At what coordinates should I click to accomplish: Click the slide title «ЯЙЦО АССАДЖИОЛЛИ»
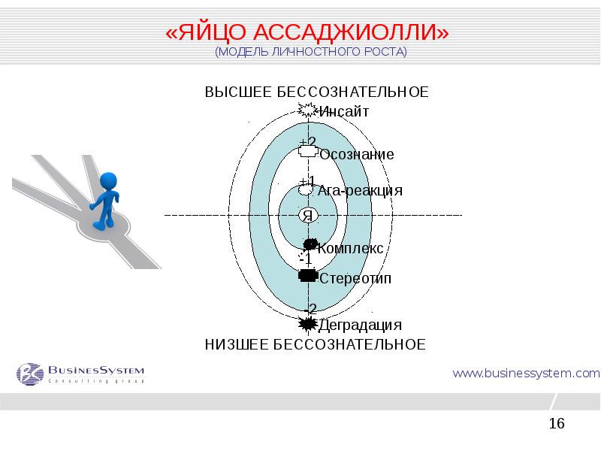(x=307, y=34)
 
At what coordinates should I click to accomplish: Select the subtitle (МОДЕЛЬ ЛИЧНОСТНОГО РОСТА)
(x=310, y=52)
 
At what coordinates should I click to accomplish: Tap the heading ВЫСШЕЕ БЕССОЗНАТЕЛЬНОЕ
(x=316, y=92)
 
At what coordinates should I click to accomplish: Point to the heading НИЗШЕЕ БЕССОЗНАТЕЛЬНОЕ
(x=316, y=344)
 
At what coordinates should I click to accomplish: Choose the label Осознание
(x=356, y=154)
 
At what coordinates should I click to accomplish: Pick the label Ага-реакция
(x=360, y=190)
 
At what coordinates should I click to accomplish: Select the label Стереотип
(x=355, y=279)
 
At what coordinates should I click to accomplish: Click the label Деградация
(x=360, y=325)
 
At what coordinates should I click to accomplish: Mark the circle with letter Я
(x=307, y=216)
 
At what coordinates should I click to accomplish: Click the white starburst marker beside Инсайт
(x=307, y=110)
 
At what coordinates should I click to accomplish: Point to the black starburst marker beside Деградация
(x=307, y=324)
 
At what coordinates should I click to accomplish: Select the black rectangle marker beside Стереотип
(x=307, y=275)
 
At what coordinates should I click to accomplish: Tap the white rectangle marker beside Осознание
(x=307, y=152)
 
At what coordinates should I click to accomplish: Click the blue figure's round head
(x=109, y=181)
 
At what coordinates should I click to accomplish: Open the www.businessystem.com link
(x=525, y=372)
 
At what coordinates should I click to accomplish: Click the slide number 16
(x=557, y=424)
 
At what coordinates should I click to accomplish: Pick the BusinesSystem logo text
(x=95, y=370)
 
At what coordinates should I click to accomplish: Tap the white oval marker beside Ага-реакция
(x=305, y=190)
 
